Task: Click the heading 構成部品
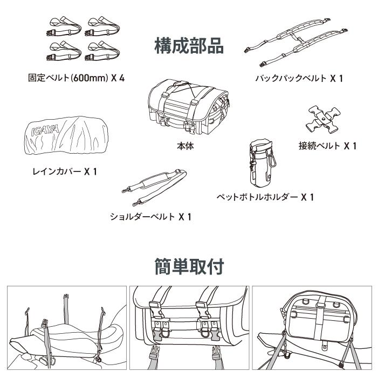click(189, 45)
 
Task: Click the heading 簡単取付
click(189, 266)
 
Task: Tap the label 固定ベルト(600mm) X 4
click(76, 78)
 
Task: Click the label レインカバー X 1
click(64, 171)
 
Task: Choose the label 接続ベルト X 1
click(327, 146)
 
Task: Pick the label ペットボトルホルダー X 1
click(265, 197)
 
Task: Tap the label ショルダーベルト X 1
click(150, 217)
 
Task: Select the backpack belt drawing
click(293, 46)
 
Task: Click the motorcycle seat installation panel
click(66, 327)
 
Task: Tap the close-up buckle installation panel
click(189, 327)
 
